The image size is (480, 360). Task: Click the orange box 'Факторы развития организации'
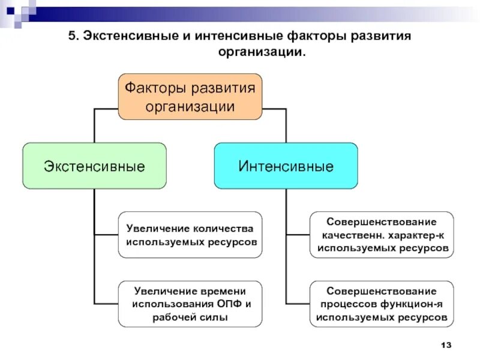(190, 97)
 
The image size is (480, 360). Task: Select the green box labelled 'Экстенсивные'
(94, 166)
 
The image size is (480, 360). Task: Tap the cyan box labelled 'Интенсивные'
(286, 166)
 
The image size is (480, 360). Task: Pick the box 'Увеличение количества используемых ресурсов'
(190, 235)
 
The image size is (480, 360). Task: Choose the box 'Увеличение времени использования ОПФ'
(190, 304)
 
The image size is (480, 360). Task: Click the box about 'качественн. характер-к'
(382, 235)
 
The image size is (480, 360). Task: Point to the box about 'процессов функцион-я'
(382, 304)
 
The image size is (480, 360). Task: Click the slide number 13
(445, 345)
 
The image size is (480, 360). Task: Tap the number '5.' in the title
(73, 36)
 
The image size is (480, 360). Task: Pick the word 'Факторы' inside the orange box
(154, 88)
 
